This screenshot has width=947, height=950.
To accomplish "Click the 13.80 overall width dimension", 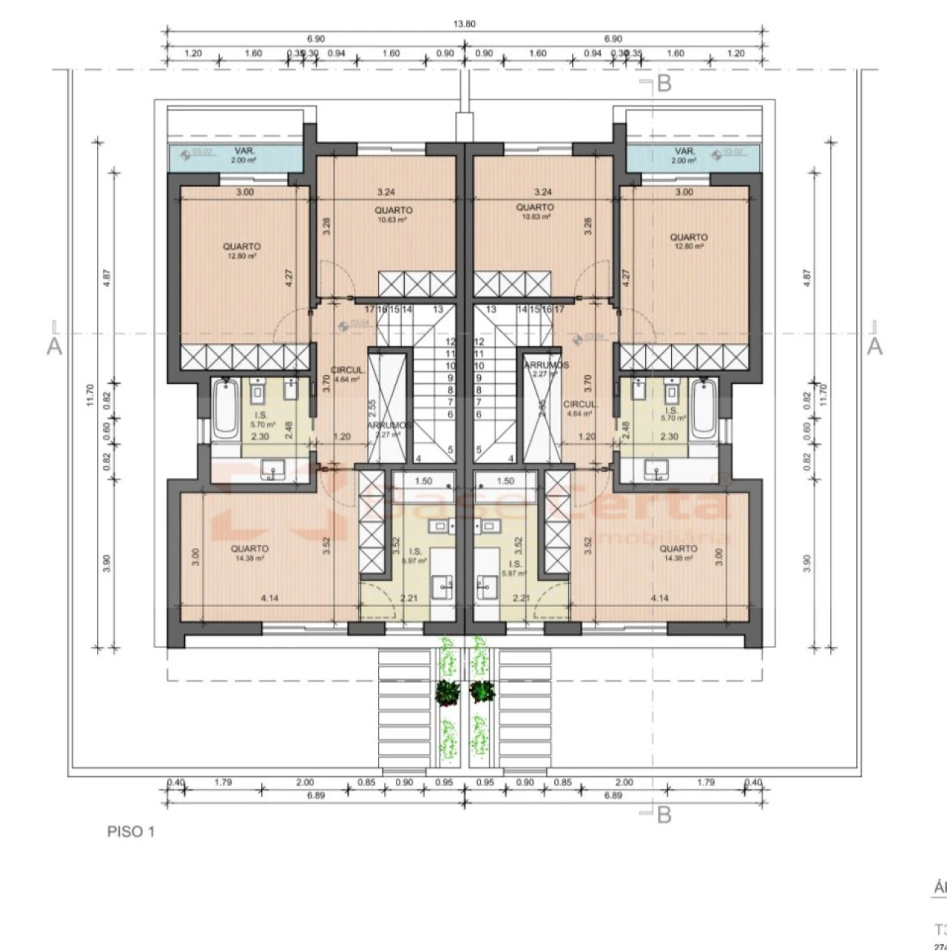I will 465,24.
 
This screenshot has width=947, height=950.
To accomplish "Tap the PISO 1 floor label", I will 131,832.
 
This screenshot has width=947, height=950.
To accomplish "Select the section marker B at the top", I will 663,84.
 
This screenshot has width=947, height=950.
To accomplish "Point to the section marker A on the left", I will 54,346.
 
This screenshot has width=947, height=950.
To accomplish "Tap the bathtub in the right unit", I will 704,408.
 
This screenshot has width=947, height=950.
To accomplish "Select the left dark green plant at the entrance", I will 447,692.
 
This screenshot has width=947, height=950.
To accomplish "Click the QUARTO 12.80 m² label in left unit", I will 242,251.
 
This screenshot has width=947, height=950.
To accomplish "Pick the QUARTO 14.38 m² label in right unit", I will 678,553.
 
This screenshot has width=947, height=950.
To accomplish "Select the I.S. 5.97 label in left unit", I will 414,556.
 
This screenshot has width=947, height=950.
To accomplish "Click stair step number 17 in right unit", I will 559,309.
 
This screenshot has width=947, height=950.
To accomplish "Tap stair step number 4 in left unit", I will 418,459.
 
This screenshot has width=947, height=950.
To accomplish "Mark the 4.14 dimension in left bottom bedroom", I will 269,598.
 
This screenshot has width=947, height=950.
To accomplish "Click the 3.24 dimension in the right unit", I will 543,192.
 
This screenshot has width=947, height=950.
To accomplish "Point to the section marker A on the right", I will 874,346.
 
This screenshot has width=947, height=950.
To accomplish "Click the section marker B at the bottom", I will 663,815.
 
